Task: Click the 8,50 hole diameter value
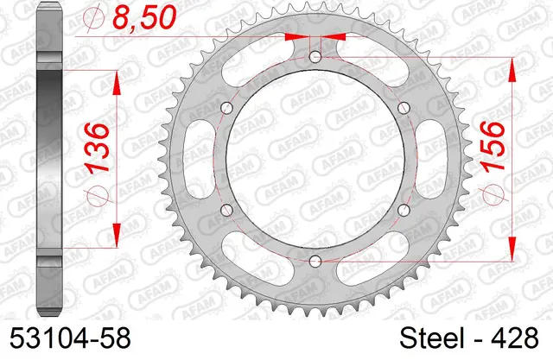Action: pyautogui.click(x=144, y=17)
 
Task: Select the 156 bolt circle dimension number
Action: pyautogui.click(x=493, y=147)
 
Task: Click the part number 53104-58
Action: pyautogui.click(x=70, y=338)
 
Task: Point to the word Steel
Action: pyautogui.click(x=432, y=338)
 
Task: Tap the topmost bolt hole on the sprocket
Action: pyautogui.click(x=315, y=56)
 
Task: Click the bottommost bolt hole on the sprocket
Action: pyautogui.click(x=315, y=261)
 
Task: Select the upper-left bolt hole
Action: pyautogui.click(x=226, y=107)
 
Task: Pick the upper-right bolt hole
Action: pyautogui.click(x=404, y=107)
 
